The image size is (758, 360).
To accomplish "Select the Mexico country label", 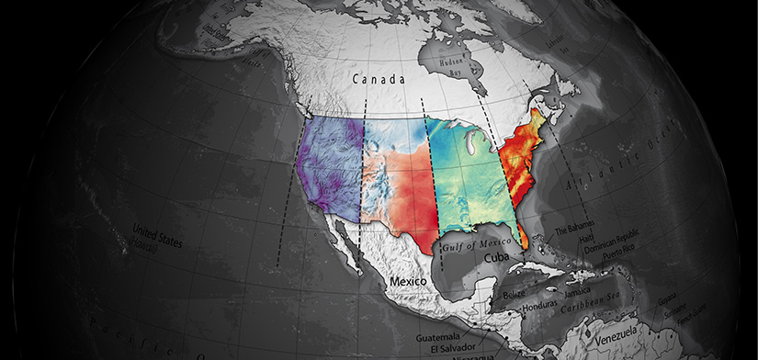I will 410,279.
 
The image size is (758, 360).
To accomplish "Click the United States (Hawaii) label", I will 157,235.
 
